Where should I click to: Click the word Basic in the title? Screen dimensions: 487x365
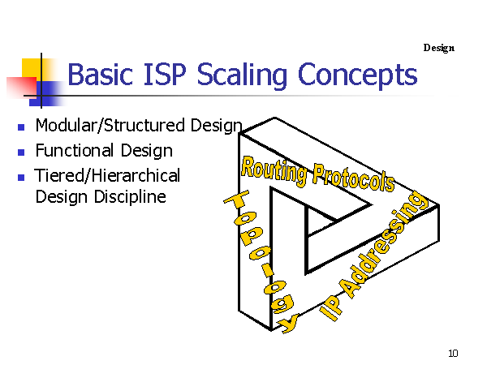tap(101, 74)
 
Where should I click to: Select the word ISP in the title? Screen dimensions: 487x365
tap(165, 74)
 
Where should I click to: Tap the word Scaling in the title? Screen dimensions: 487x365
tap(242, 76)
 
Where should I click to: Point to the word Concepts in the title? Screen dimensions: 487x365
tap(357, 76)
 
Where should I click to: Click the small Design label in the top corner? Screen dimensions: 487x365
tap(439, 48)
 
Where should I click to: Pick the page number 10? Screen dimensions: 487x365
tap(453, 353)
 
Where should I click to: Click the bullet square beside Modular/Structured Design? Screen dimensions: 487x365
tap(21, 127)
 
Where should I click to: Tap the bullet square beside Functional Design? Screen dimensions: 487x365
tap(21, 152)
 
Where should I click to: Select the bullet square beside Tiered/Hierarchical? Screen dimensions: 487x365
tap(21, 178)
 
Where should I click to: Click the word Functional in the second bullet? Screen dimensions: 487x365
tap(74, 151)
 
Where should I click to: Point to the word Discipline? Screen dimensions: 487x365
tap(130, 197)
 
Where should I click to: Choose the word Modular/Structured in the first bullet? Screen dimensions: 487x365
tap(110, 126)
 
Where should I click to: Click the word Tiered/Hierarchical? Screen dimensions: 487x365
tap(107, 176)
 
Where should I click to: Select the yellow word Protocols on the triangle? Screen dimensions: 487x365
tap(354, 178)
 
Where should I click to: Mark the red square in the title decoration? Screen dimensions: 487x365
tap(21, 88)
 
